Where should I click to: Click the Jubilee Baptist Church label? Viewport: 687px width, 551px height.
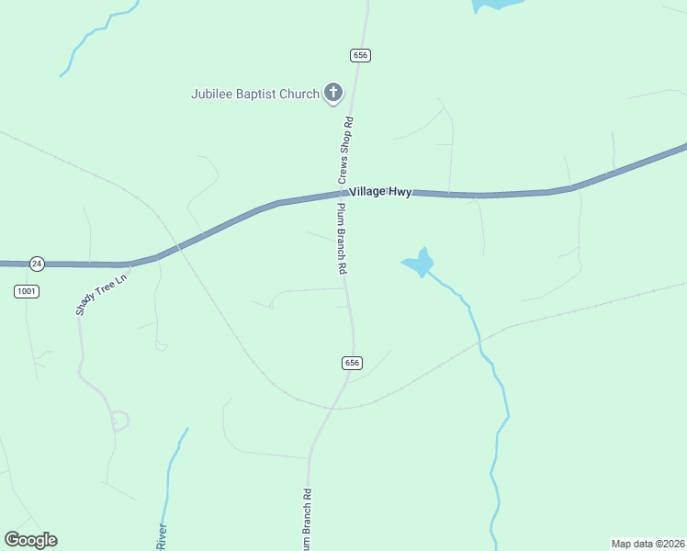coord(254,94)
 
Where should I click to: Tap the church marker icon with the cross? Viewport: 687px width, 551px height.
coord(332,93)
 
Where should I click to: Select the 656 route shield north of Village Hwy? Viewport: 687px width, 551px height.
coord(360,56)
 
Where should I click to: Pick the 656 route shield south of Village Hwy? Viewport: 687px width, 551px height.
coord(352,363)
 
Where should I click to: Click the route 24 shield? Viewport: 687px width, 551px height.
coord(36,264)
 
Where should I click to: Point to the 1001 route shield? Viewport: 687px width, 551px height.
coord(27,291)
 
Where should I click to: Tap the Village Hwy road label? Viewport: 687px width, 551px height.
coord(380,191)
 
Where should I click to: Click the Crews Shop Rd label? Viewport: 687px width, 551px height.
coord(346,147)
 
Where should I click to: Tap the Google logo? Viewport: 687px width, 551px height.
coord(30,540)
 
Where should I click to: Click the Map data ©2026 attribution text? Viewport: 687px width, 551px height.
coord(648,543)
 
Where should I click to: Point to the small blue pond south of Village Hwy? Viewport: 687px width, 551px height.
coord(419,263)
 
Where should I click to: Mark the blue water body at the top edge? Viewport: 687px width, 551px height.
coord(496,5)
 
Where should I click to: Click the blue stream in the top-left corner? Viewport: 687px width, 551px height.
coord(92,37)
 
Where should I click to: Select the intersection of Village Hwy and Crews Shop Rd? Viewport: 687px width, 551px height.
coord(342,193)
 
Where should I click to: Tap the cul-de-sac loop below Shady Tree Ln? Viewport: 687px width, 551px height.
coord(119,422)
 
